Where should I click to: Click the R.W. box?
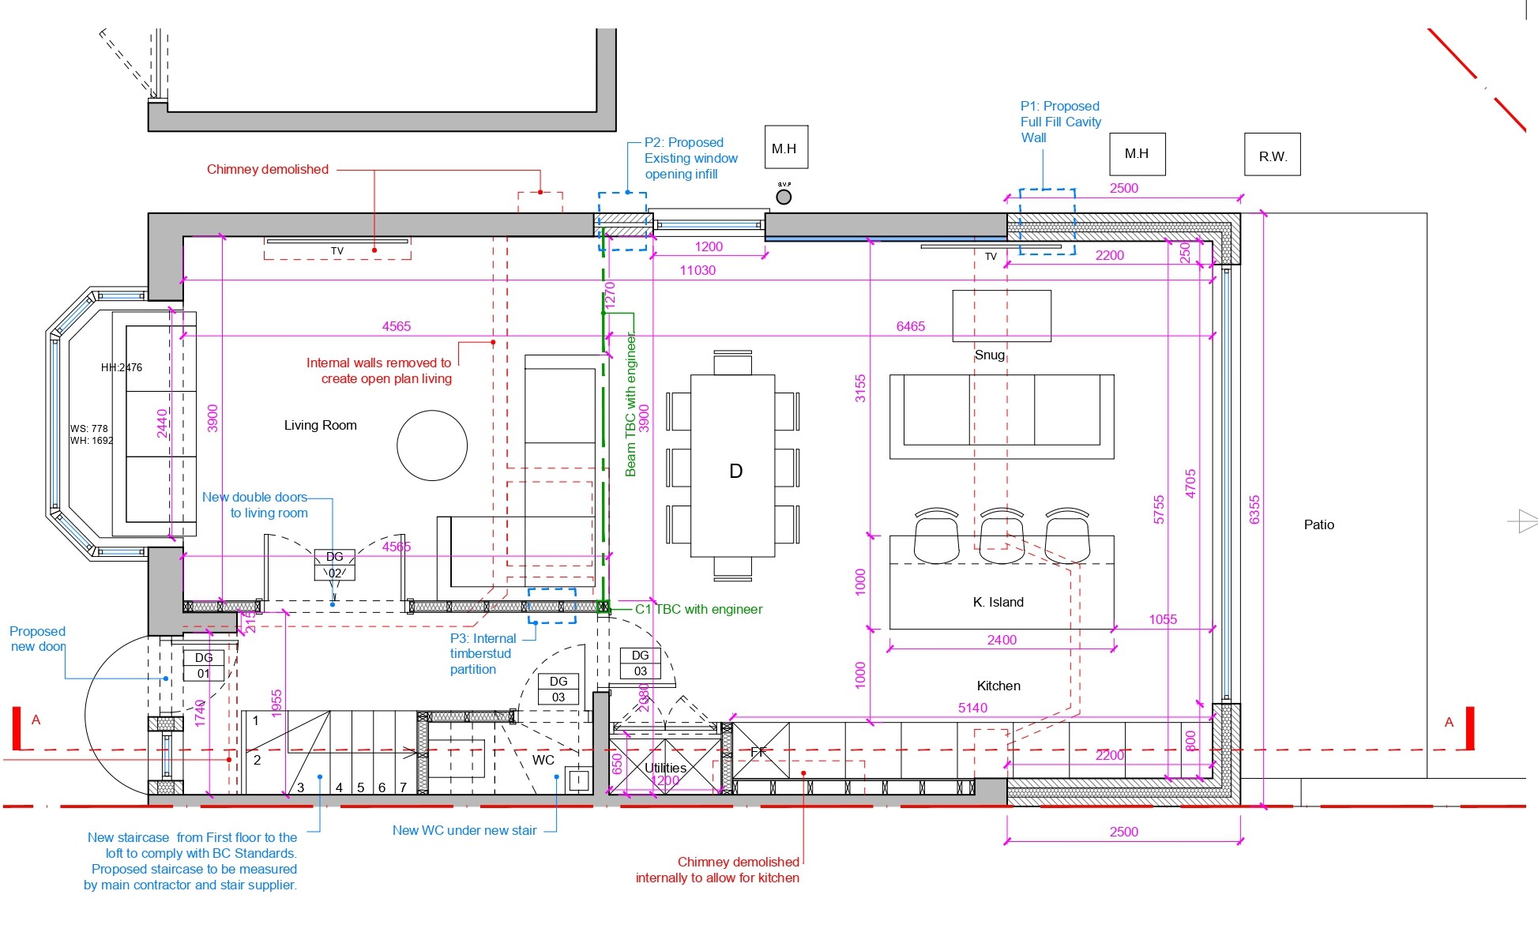pyautogui.click(x=1272, y=155)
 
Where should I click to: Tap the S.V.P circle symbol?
pyautogui.click(x=784, y=197)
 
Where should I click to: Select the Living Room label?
pyautogui.click(x=320, y=425)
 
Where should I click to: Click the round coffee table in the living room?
pyautogui.click(x=431, y=445)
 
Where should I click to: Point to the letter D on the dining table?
pyautogui.click(x=735, y=472)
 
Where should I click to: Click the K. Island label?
pyautogui.click(x=998, y=602)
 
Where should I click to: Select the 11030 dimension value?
pyautogui.click(x=698, y=270)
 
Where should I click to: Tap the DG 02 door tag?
pyautogui.click(x=335, y=565)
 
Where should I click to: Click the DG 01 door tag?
pyautogui.click(x=204, y=665)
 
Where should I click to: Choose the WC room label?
pyautogui.click(x=543, y=760)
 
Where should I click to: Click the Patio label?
pyautogui.click(x=1318, y=524)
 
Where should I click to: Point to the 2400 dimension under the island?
pyautogui.click(x=1001, y=640)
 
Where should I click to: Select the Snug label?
pyautogui.click(x=989, y=355)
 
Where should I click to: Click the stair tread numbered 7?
pyautogui.click(x=403, y=787)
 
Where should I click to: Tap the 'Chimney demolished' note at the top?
pyautogui.click(x=267, y=169)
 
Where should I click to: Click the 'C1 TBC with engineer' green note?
pyautogui.click(x=698, y=609)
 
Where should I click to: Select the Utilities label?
pyautogui.click(x=665, y=768)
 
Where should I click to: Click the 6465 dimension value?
pyautogui.click(x=910, y=326)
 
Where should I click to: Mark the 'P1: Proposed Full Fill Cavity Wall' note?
pyautogui.click(x=1059, y=122)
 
